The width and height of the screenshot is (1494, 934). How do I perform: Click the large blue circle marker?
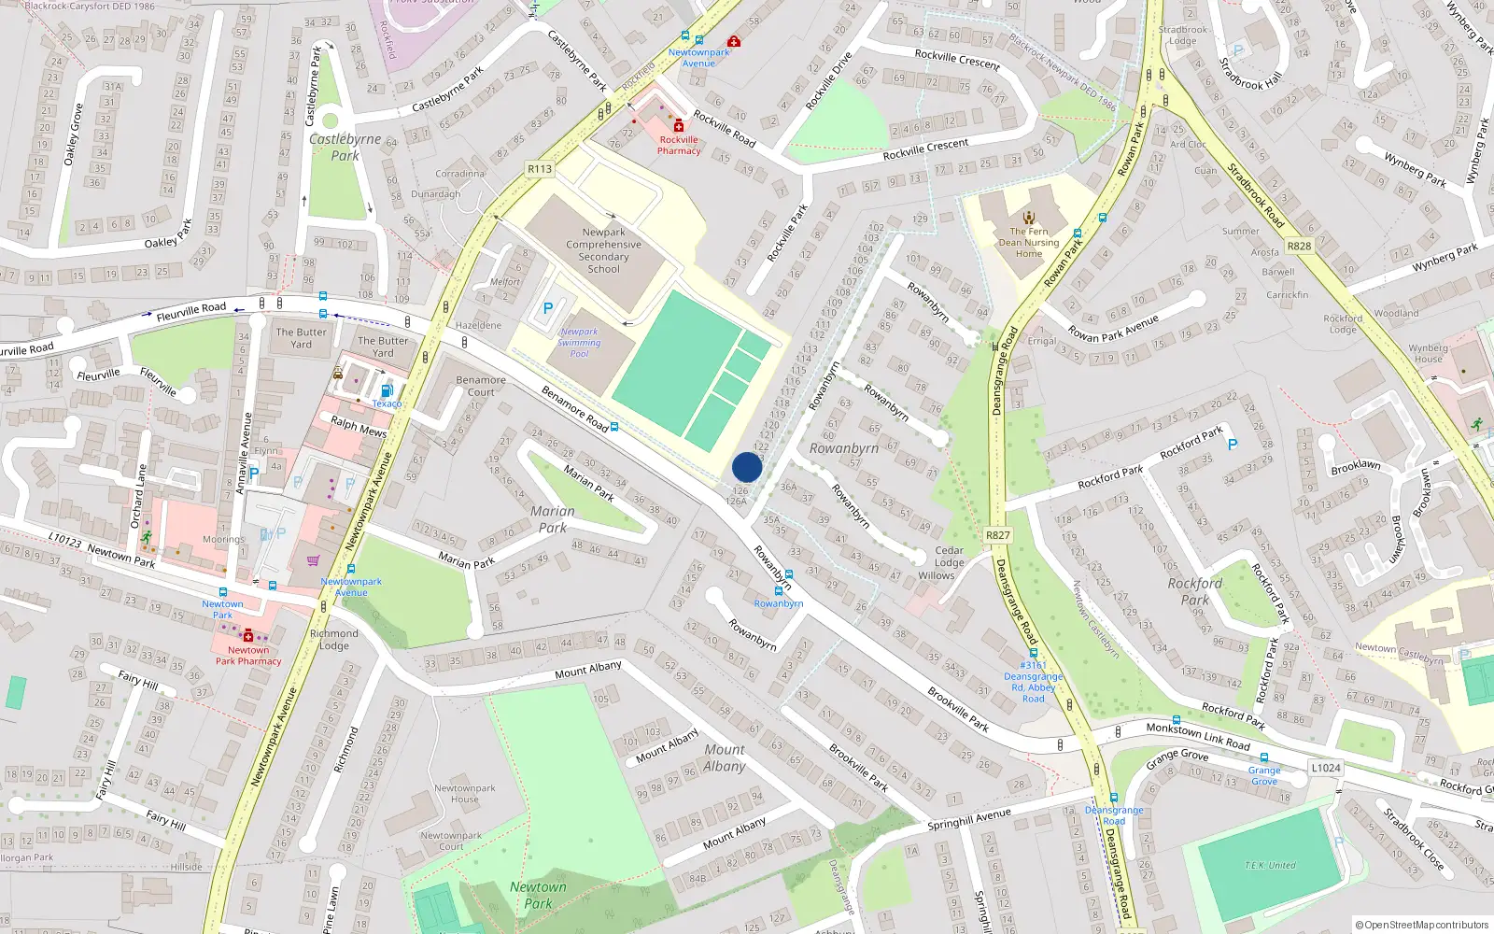(747, 467)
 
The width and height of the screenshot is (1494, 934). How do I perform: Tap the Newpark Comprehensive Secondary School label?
(603, 250)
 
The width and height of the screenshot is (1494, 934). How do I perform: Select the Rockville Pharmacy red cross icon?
(679, 126)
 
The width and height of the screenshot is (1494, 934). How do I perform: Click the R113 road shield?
(540, 169)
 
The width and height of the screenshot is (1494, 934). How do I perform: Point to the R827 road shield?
(997, 535)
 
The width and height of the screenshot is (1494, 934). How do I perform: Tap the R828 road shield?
(1299, 246)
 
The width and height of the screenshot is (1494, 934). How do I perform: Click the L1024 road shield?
(1325, 768)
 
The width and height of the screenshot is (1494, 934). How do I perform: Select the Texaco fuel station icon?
(387, 391)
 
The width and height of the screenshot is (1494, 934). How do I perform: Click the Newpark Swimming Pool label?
(579, 343)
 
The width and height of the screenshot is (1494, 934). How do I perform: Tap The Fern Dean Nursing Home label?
(1029, 242)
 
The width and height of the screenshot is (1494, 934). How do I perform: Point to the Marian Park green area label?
(553, 519)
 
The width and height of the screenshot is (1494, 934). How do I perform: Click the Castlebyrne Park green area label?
(345, 147)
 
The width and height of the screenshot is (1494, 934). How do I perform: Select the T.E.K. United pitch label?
(1269, 865)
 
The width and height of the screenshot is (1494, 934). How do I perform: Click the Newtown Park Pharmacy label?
(248, 656)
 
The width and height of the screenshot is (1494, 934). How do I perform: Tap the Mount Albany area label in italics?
(725, 757)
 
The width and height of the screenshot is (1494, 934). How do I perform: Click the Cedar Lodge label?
(949, 557)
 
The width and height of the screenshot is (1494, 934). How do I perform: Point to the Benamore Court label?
(481, 386)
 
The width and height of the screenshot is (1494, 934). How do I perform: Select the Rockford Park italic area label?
(1194, 591)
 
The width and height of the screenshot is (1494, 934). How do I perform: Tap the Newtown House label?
(464, 793)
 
